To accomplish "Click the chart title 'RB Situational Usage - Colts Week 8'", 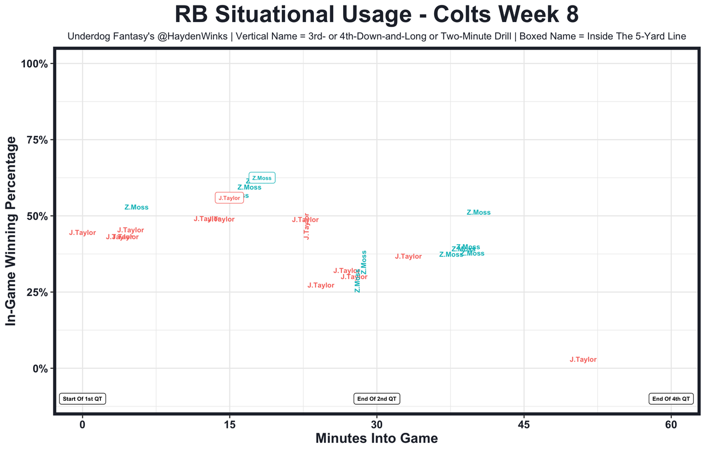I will click(x=377, y=14).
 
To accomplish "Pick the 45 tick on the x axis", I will click(x=524, y=425).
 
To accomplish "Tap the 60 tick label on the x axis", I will click(x=671, y=425).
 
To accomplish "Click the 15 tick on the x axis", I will click(x=229, y=425).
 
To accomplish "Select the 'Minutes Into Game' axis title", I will click(x=377, y=439).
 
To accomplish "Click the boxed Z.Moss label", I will click(x=262, y=178).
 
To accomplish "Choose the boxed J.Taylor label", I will click(x=229, y=198).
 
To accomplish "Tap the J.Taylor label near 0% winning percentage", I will click(x=583, y=359).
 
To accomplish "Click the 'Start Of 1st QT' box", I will click(x=83, y=399).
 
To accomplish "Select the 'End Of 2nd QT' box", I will click(x=377, y=399).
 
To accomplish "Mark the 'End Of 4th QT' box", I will click(x=671, y=399).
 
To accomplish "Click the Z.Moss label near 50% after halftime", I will click(x=478, y=212).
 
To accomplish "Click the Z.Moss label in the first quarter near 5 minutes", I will click(x=136, y=207).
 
